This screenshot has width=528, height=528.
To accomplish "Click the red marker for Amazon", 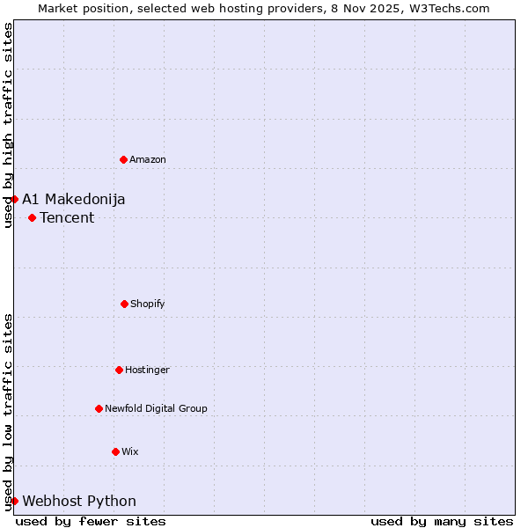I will point(123,159).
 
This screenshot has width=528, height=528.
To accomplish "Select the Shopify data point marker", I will point(124,304).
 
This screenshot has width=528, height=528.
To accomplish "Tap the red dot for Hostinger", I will point(119,370).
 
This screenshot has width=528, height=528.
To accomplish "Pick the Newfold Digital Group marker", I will point(99,408).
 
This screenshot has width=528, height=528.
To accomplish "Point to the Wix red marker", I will point(115,451).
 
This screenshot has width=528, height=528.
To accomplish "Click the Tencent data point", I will point(32,217).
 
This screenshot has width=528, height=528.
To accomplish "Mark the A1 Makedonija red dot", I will point(14,199).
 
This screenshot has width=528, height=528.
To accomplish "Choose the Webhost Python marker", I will point(14,501).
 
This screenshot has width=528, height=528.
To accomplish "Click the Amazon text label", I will point(148,159).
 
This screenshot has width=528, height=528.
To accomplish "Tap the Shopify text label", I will point(148,304).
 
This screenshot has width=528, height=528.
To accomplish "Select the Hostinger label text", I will point(147,370).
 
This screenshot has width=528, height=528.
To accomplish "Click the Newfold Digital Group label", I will point(156,408).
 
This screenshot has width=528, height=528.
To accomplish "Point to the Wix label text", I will point(130,451).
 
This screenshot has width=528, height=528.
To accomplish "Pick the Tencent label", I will point(67,217).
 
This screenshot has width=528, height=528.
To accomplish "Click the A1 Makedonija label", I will point(74,199).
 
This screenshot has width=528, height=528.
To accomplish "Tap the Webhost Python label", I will point(79,501).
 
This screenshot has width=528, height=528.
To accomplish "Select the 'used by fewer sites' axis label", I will point(91,521).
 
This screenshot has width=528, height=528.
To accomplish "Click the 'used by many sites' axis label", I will point(442,521).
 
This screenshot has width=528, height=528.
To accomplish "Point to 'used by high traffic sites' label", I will point(8,125).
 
